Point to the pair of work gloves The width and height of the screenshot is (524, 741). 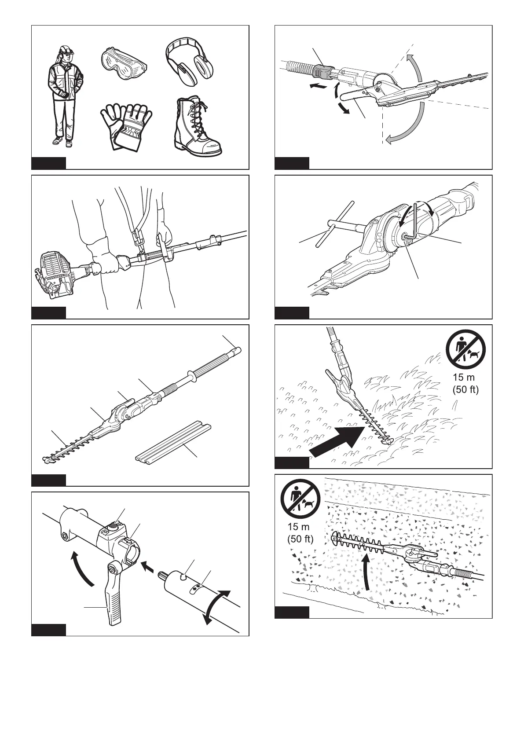tap(126, 127)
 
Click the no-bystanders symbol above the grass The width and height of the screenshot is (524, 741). tap(465, 349)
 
